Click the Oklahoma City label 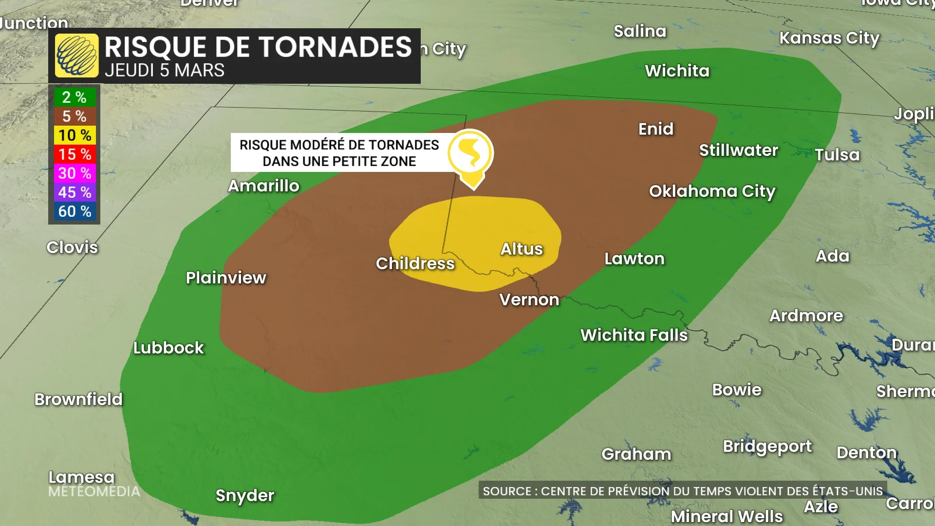click(712, 191)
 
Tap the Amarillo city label click(263, 186)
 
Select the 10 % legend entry click(75, 135)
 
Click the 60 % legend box click(75, 211)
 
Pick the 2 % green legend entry click(75, 97)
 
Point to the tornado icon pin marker click(471, 155)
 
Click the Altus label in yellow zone click(522, 249)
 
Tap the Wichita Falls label click(634, 335)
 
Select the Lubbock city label click(168, 348)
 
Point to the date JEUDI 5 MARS click(165, 71)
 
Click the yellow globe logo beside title click(76, 56)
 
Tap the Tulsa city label click(837, 155)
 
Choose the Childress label click(415, 263)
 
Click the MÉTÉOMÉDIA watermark click(94, 491)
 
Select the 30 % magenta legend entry click(75, 173)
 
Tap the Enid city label click(656, 129)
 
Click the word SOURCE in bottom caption click(507, 491)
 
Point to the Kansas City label click(829, 38)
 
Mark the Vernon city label click(529, 300)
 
